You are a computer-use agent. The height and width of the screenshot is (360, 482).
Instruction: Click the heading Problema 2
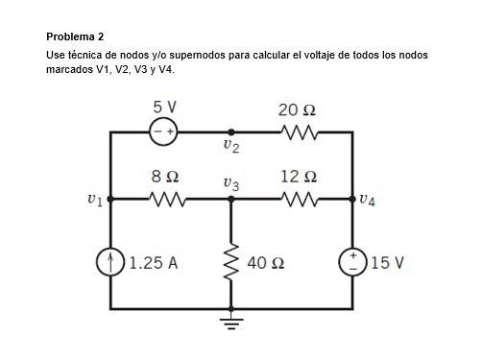tap(75, 36)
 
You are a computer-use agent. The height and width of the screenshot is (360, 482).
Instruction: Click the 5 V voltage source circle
tap(163, 132)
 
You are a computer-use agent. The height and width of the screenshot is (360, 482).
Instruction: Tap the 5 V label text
tap(163, 108)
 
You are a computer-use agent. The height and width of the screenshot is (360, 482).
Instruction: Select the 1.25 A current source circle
tap(111, 262)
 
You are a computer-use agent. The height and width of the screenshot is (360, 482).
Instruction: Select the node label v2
tap(229, 147)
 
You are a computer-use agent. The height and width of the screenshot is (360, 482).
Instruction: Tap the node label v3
tap(230, 182)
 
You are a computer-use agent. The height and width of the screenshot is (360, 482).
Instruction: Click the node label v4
tap(367, 201)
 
